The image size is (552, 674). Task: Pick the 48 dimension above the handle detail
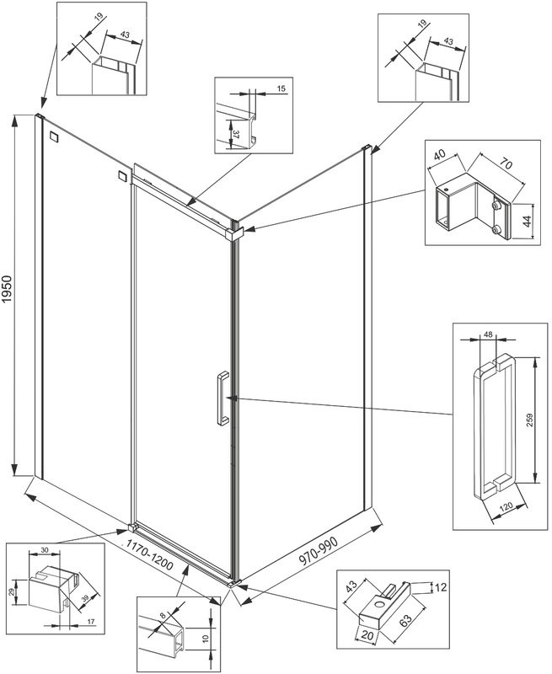[489, 336]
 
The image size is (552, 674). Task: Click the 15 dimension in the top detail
[281, 88]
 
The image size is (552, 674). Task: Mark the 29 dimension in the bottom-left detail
[13, 593]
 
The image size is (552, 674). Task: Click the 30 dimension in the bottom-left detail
[45, 550]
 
